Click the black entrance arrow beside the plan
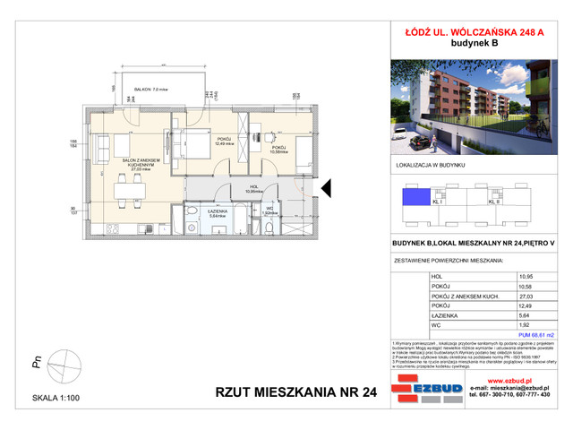click(x=327, y=188)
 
